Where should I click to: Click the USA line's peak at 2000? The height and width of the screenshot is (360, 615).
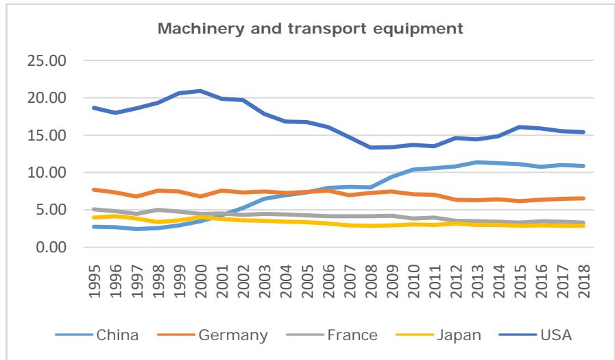pos(200,91)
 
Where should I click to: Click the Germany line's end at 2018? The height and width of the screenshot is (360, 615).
pos(583,198)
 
